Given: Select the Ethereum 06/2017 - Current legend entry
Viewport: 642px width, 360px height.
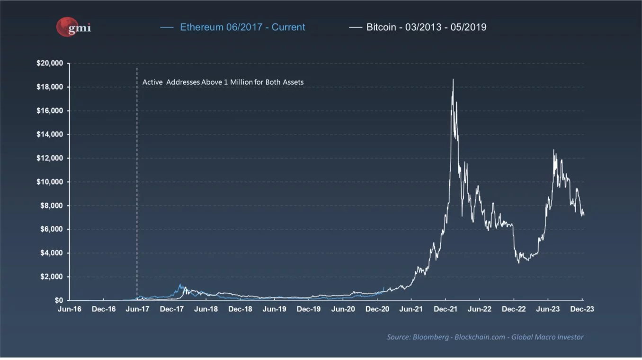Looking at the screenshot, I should [242, 27].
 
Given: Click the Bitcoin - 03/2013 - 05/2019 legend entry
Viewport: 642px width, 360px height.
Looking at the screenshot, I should [426, 27].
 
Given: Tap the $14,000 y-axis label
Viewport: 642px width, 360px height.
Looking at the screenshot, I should [50, 135].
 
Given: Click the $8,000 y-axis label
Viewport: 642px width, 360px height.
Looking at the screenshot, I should [52, 206].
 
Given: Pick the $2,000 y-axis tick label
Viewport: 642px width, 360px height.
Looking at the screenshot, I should [52, 277].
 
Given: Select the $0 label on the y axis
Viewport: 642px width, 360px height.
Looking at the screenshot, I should [59, 300].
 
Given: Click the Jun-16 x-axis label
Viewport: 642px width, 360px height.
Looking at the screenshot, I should [69, 309].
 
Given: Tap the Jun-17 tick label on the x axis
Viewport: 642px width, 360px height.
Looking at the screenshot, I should [137, 309].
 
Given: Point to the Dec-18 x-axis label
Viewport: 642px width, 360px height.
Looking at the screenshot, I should [240, 309].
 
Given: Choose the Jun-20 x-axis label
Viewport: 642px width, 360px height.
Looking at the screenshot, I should [343, 309].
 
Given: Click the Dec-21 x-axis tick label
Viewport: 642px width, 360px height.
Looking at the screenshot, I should [446, 309].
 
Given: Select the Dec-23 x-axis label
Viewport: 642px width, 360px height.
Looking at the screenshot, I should [582, 309].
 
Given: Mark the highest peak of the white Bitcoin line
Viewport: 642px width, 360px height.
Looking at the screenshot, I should [453, 80].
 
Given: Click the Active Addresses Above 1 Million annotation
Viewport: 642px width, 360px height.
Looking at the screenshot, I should [223, 82].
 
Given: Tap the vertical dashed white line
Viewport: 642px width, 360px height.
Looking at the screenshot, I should [137, 189].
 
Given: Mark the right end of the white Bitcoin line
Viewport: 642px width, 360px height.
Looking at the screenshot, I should [583, 214].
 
